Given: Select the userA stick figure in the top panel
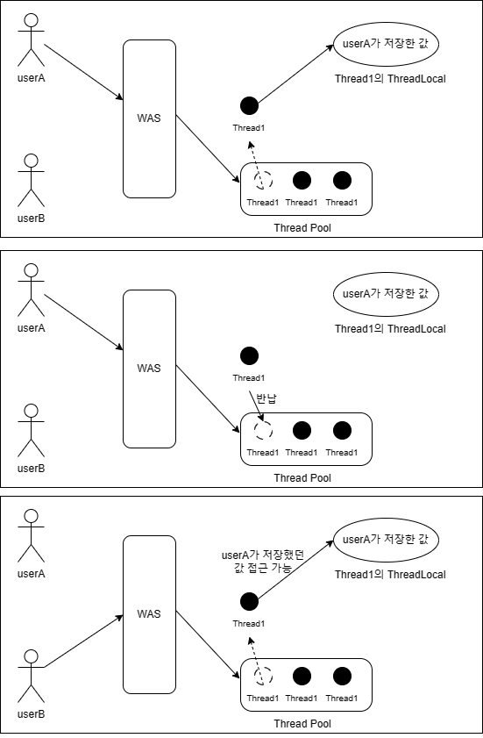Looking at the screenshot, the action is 31,40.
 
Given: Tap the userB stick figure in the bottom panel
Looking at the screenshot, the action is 31,677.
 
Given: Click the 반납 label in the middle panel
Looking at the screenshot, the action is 266,398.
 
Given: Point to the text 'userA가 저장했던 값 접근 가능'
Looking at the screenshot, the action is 263,561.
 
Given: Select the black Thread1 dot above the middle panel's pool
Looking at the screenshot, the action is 249,355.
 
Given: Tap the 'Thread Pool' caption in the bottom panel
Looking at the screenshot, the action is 302,723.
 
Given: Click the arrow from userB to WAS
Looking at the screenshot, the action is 83,641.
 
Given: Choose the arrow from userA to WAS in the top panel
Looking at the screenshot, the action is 83,72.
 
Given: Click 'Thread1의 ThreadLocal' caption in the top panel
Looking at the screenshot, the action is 390,79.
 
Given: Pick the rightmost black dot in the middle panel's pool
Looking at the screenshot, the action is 343,430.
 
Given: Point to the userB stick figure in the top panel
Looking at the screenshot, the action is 31,180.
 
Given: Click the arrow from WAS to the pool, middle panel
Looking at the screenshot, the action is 208,398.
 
